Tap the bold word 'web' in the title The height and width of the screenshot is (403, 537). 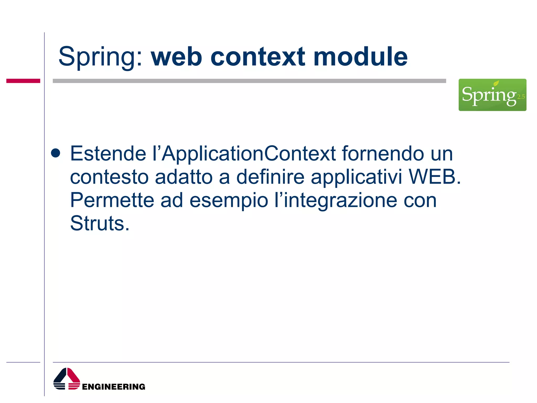pos(176,57)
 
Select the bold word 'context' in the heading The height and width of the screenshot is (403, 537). pos(258,57)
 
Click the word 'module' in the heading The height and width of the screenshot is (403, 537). pos(361,57)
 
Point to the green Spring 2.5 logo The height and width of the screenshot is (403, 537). pos(492,95)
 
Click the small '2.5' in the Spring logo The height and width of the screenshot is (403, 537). pos(521,97)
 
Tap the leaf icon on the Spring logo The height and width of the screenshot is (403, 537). pos(496,83)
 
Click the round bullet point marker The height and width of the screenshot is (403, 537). pos(56,153)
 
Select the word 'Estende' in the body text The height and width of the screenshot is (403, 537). pos(108,154)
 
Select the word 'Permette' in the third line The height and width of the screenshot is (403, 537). pos(112,200)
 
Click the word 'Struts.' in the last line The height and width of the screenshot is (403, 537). pos(100,224)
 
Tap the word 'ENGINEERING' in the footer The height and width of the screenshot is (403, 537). pos(114,387)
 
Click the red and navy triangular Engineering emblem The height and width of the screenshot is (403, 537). pos(67,379)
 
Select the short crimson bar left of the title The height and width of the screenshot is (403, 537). pos(23,81)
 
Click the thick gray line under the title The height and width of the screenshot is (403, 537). pos(249,81)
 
